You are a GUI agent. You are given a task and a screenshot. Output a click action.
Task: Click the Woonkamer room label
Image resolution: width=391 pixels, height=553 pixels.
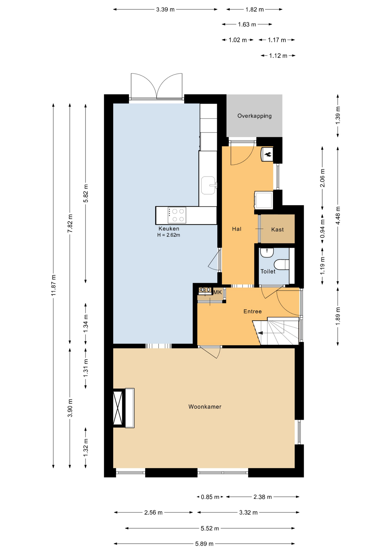coord(205,407)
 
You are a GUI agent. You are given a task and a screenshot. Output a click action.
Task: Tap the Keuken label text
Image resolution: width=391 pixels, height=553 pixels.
coord(169,229)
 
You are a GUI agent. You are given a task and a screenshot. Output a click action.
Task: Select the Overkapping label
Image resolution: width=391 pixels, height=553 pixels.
coord(255,116)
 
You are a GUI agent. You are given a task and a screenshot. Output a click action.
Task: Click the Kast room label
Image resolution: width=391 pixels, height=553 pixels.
coord(277,230)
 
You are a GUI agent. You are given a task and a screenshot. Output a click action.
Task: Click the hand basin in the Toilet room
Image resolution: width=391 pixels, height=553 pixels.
coord(267,253)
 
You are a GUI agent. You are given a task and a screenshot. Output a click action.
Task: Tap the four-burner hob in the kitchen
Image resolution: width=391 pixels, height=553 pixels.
coord(177,215)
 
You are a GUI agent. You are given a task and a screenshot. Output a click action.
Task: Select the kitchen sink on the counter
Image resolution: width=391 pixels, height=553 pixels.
coord(208,185)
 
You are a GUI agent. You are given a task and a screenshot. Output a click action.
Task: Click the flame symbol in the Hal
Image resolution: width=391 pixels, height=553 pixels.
coord(268,155)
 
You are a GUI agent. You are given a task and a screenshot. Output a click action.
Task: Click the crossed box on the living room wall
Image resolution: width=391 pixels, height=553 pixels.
coord(118,408)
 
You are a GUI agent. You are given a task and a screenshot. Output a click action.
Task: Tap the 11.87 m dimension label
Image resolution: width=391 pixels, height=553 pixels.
coord(54,285)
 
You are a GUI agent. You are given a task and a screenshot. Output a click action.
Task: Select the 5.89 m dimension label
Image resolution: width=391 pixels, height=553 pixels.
coord(204,544)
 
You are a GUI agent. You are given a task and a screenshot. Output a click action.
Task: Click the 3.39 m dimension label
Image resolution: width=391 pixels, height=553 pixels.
coord(165,10)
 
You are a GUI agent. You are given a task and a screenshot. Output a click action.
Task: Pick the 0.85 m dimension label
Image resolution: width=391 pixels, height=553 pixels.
coord(210,497)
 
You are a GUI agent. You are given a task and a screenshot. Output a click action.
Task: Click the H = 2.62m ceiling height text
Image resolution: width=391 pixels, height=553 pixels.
coord(169,235)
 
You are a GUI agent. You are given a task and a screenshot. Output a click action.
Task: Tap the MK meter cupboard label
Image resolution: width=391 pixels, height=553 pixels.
coord(217,292)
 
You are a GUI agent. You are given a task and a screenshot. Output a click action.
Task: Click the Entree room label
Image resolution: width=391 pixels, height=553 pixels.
coord(253,311)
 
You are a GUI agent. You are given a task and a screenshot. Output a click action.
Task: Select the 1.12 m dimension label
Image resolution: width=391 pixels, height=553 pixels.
coord(278,56)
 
